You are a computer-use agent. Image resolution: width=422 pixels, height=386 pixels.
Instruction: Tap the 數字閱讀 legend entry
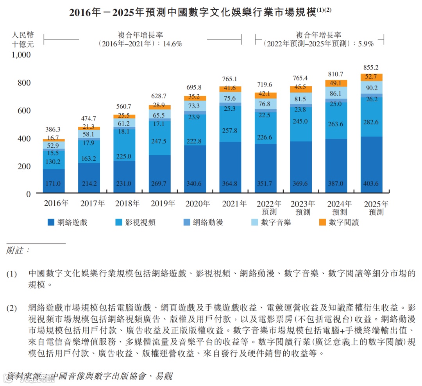coord(338,223)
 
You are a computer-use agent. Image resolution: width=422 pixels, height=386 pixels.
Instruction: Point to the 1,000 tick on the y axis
coord(21,55)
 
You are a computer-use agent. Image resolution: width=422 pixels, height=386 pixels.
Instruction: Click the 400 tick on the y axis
coord(24,138)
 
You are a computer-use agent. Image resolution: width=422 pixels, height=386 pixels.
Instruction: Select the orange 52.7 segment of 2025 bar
coord(371,77)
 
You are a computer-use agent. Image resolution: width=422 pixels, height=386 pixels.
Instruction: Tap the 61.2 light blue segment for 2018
coord(124,123)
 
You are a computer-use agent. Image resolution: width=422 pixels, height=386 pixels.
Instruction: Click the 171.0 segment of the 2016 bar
coord(54,183)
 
